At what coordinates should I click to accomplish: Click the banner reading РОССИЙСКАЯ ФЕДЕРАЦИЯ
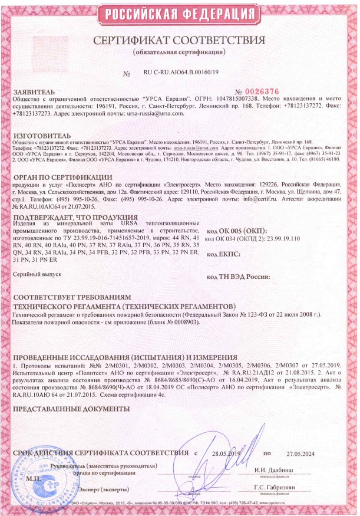[x=180, y=12]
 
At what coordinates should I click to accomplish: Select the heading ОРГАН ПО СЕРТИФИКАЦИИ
[x=62, y=178]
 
